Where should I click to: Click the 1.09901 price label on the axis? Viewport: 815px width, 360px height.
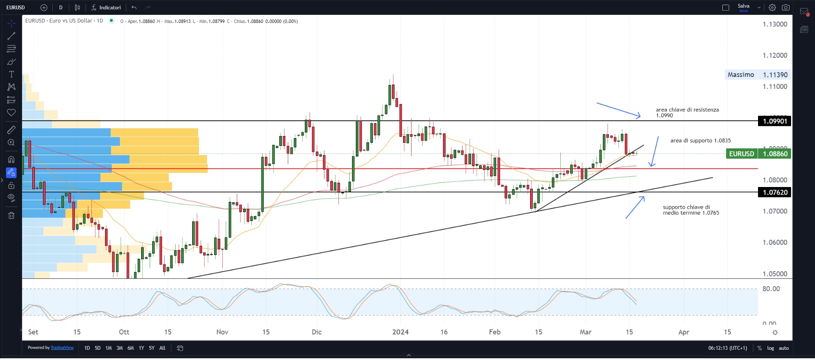tap(775, 121)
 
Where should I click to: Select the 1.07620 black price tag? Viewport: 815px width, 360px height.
tap(775, 192)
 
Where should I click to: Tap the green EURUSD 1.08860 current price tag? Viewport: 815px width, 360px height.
tap(758, 154)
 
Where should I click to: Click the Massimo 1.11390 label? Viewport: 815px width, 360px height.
tap(757, 75)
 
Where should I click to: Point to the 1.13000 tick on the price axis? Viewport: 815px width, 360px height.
tap(775, 24)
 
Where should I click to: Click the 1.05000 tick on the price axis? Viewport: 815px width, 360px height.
tap(775, 274)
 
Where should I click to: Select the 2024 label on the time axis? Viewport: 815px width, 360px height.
tap(400, 332)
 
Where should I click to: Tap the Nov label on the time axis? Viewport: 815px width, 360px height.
tap(222, 332)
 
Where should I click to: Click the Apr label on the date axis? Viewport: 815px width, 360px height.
tap(683, 332)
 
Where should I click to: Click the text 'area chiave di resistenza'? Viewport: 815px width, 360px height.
tap(687, 110)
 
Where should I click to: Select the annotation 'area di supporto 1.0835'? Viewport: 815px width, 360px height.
tap(700, 141)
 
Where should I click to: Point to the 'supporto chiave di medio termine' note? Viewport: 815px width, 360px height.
tap(690, 210)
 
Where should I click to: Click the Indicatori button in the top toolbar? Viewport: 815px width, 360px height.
tap(106, 8)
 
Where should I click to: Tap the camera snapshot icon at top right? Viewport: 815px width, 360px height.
tap(786, 8)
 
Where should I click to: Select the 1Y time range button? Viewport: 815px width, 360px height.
tap(141, 348)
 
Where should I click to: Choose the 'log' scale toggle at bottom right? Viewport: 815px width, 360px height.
tap(770, 348)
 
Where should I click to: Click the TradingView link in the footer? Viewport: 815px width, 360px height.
tap(62, 348)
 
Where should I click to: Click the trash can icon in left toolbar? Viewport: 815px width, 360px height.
tap(11, 215)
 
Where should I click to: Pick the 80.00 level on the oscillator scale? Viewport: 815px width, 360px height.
tap(771, 289)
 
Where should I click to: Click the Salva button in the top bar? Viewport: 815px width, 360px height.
tap(743, 7)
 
